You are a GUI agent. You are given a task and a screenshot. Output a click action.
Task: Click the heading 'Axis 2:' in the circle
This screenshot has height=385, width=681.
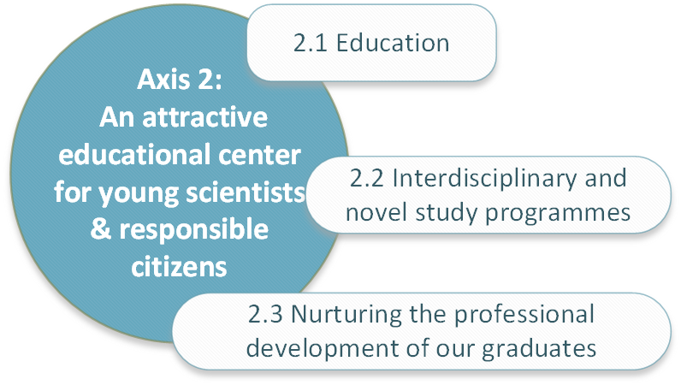(180, 80)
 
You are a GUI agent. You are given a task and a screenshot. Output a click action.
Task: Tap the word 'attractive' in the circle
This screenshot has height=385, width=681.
(205, 117)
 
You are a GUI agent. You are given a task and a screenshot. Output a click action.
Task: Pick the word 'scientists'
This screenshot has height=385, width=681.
(246, 192)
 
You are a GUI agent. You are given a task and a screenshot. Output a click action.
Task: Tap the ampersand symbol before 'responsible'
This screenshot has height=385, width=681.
(100, 229)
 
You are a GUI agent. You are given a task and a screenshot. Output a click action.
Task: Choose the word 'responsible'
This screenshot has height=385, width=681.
(193, 230)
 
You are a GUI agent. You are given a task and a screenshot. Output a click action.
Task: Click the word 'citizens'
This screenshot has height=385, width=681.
(179, 266)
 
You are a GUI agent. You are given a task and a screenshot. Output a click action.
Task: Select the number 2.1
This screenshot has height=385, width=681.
(310, 43)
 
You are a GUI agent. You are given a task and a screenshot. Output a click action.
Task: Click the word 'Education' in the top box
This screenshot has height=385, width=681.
(393, 43)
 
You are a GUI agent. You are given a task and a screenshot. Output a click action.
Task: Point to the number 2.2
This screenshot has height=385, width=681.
(366, 178)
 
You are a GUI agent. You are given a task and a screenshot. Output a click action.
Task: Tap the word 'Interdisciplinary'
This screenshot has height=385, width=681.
(484, 179)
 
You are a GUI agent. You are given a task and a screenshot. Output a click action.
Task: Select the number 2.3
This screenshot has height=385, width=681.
(265, 314)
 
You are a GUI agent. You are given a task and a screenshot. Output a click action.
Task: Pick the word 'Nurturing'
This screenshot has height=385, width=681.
(346, 315)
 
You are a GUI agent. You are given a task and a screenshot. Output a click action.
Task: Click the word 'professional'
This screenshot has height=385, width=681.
(524, 315)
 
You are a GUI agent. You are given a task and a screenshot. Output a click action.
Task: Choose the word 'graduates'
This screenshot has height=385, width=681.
(539, 349)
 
